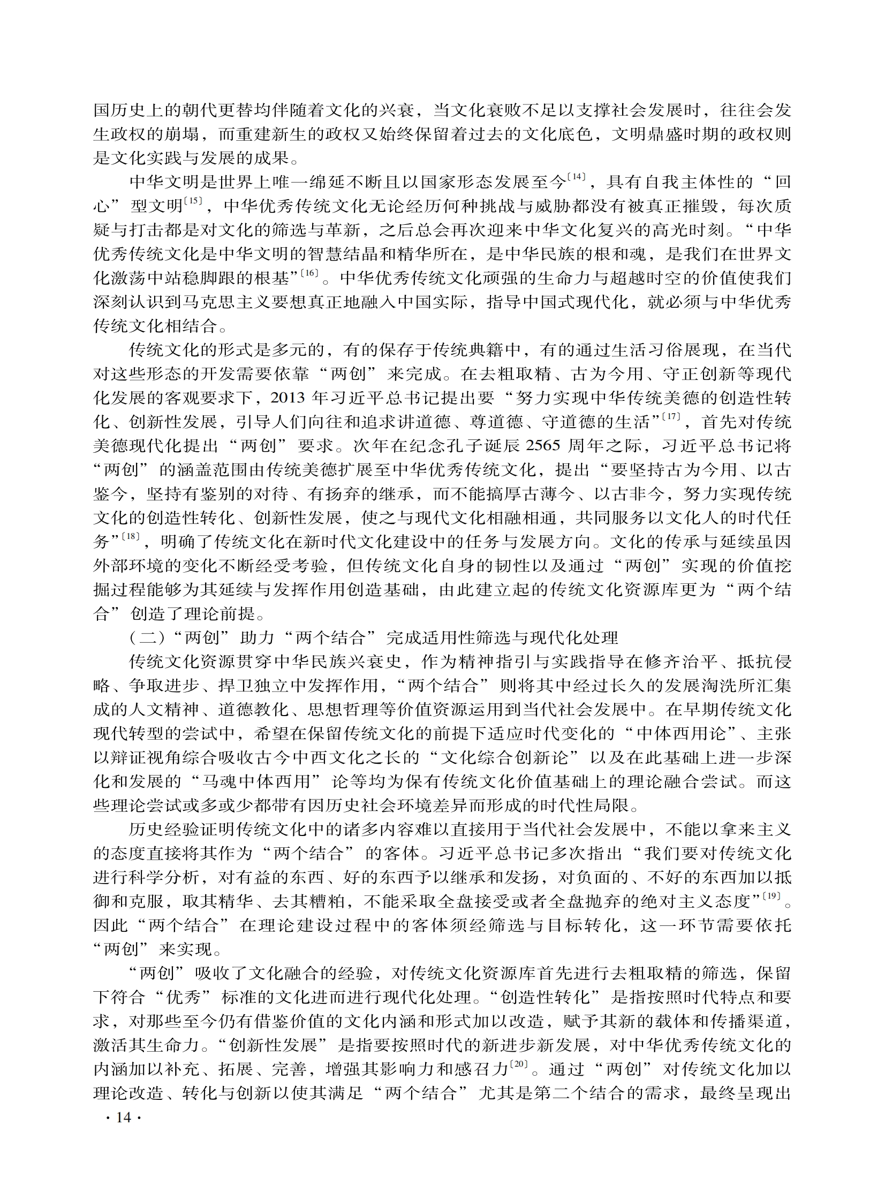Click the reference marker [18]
(130, 536)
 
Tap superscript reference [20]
(519, 1065)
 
